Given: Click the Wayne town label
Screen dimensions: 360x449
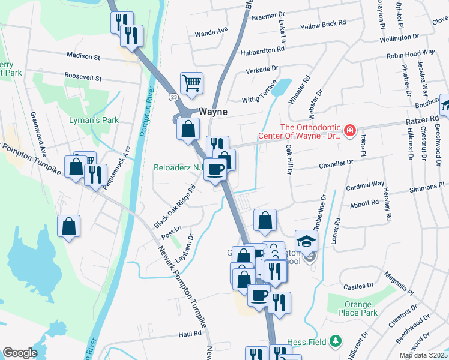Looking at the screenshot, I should [213, 112].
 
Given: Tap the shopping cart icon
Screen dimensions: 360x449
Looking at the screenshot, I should [192, 83].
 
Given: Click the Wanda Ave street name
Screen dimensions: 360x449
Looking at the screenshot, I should [211, 30].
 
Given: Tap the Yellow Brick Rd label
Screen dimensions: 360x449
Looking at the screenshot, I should [324, 24].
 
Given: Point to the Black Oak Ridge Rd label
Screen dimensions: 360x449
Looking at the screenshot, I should [175, 206].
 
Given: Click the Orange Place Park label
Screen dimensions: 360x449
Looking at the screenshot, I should [357, 308].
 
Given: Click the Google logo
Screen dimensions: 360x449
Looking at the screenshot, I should [20, 353].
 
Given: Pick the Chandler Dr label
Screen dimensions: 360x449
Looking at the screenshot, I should [336, 163].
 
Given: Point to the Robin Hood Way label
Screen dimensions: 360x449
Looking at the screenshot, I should [411, 54].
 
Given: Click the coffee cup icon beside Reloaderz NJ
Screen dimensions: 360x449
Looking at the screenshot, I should [215, 169].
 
